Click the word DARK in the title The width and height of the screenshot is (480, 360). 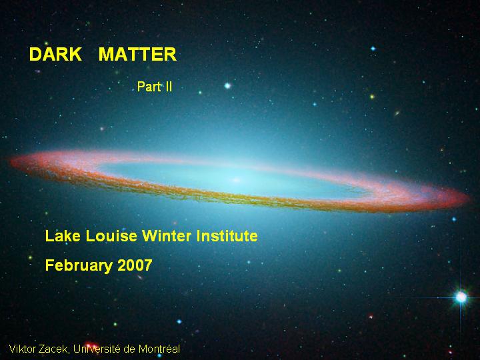click(x=55, y=54)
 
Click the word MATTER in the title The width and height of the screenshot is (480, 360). click(x=137, y=54)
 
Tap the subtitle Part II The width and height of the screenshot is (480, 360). click(x=155, y=87)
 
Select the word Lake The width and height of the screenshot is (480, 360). click(x=63, y=236)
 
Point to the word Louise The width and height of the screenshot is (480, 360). click(x=111, y=236)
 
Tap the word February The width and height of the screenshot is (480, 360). click(x=79, y=265)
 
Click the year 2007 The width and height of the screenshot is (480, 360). click(x=135, y=265)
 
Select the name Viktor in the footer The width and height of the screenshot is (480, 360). click(x=22, y=349)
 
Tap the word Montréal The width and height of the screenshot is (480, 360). click(x=159, y=349)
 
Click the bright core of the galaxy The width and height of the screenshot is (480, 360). click(x=237, y=180)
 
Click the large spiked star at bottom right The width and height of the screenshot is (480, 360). click(x=461, y=297)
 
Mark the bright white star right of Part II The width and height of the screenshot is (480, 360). click(x=227, y=86)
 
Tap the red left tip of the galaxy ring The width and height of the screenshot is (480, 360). click(x=12, y=161)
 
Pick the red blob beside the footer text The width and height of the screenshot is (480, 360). click(x=91, y=345)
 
